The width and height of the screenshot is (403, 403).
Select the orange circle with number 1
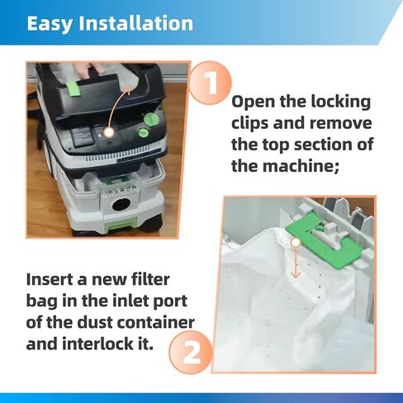[x=210, y=85]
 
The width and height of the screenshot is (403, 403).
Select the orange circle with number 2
[x=192, y=353]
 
